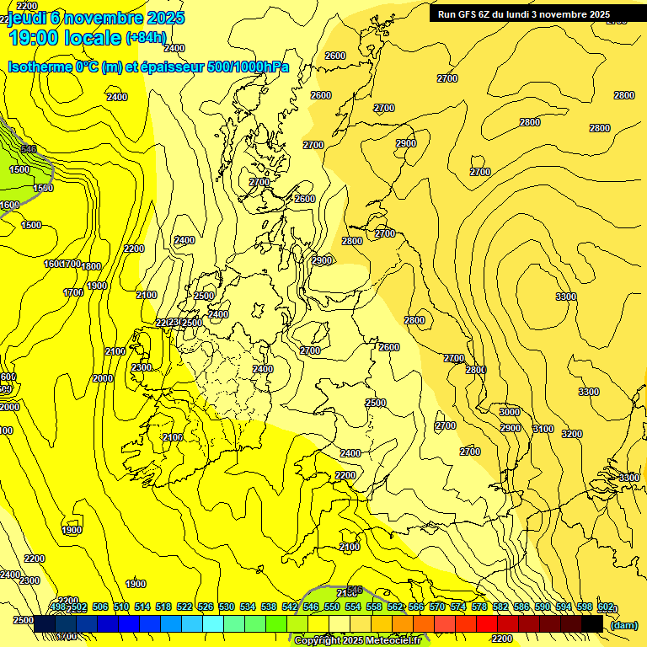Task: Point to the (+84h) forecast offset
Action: pos(145,38)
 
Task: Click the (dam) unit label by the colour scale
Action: pos(623,624)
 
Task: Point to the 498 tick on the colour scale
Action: pos(58,607)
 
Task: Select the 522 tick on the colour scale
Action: pos(184,607)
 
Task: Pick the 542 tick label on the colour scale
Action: pos(289,607)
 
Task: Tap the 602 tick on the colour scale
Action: pos(605,607)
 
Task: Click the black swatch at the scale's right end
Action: pos(592,623)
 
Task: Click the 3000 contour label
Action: pos(510,412)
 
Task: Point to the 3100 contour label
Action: pos(543,429)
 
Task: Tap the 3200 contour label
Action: pos(572,434)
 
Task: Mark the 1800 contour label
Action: pos(91,266)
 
